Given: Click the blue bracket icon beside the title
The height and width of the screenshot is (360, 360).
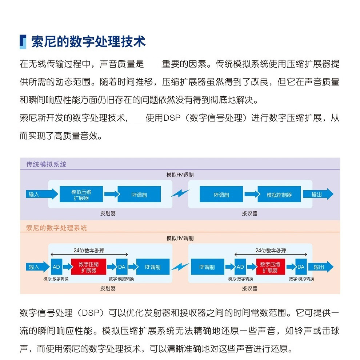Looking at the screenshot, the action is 23,42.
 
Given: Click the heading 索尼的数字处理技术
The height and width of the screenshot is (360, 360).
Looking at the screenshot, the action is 88,42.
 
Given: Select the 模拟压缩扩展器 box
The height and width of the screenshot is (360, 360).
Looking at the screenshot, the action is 81,194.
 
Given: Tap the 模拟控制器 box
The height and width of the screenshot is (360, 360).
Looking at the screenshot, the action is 279,194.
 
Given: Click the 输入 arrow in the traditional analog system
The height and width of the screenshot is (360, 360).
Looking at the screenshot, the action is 42,194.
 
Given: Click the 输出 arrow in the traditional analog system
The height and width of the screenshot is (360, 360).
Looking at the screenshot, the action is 318,194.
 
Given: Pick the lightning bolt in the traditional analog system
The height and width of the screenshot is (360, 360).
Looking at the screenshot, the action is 180,193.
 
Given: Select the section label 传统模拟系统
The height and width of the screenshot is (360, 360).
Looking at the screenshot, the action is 47,164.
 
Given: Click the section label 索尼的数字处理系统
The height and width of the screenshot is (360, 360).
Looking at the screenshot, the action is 56,228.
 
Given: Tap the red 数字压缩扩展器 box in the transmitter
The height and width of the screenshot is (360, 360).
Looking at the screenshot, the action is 89,267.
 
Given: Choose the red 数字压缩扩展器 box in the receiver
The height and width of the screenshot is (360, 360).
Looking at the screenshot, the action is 270,267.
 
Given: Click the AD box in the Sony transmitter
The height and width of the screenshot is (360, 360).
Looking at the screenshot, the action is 56,267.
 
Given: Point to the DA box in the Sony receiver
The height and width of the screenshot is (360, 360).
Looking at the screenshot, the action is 301,267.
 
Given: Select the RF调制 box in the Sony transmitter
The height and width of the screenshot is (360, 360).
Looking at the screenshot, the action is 153,267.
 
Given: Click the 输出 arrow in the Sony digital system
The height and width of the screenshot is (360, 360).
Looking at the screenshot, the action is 321,267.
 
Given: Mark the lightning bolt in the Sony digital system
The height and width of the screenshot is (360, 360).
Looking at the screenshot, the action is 180,267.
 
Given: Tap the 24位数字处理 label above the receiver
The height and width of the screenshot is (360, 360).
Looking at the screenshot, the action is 271,251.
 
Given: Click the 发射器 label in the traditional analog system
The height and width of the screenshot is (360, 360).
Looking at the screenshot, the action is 108,213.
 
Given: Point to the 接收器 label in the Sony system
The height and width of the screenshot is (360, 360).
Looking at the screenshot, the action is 249,288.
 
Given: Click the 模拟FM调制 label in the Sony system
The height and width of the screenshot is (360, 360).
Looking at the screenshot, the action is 180,238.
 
